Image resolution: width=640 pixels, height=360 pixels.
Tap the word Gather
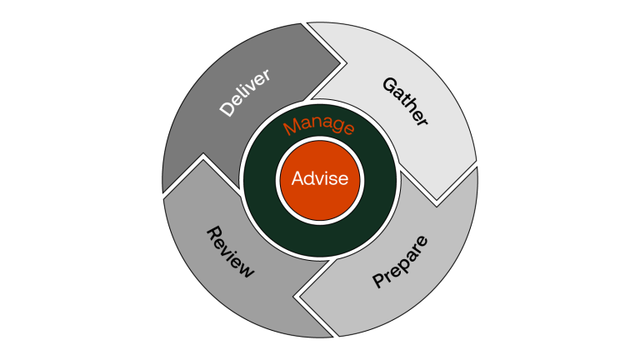(x=406, y=102)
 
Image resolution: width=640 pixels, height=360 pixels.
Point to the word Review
(x=229, y=251)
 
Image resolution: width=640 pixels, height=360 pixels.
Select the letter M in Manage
(x=289, y=130)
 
